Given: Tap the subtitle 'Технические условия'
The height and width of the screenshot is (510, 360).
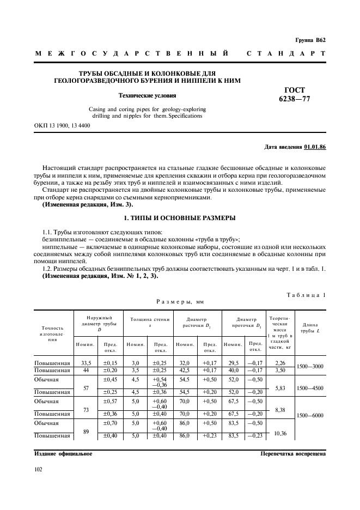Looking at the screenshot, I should coord(147,95).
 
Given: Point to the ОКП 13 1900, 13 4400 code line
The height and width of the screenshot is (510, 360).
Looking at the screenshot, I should coord(62,126).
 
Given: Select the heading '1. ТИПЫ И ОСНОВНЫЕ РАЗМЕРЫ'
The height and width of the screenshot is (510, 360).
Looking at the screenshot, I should coord(180,218).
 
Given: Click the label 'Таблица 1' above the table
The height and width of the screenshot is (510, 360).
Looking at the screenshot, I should coord(306,295).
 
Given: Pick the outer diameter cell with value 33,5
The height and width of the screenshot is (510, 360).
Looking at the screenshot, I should coord(85,363).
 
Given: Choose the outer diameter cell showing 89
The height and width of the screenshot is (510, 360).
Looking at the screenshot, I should coord(85,431).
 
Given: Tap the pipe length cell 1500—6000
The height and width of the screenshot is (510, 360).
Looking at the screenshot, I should coord(310,415).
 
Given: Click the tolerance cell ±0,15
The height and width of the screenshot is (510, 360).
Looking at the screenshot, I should coord(111,363).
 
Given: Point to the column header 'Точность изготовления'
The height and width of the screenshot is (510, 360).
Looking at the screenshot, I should coord(52,333).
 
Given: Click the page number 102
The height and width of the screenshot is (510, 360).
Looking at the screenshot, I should coord(39,468).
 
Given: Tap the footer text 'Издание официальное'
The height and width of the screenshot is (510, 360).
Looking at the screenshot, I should coord(63,453).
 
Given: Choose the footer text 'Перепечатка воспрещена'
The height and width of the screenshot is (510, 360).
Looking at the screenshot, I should coord(293,453).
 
